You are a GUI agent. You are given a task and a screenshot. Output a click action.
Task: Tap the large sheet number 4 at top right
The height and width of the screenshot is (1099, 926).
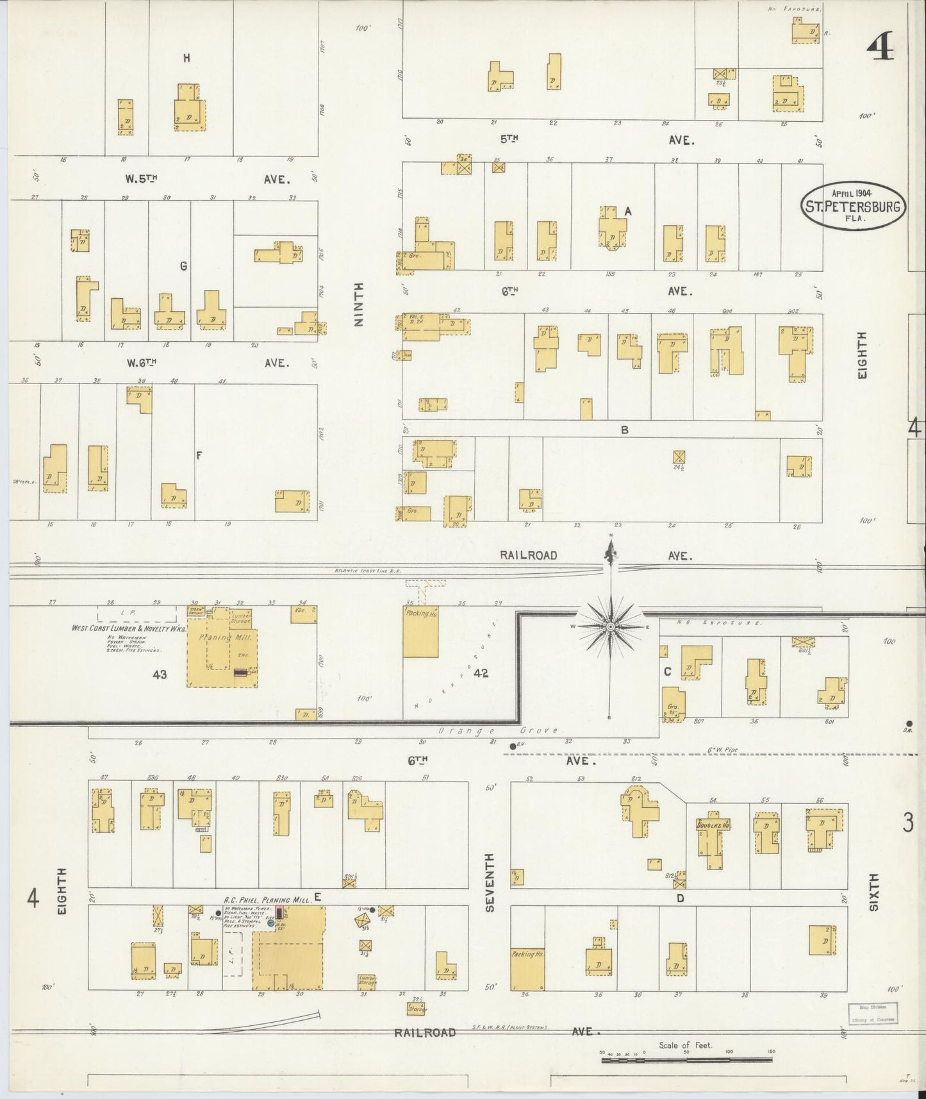[x=881, y=46]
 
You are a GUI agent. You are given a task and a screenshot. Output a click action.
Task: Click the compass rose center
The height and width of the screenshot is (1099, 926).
[x=611, y=626]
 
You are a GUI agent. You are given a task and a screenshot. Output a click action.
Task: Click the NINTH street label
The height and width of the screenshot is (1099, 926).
[x=359, y=305]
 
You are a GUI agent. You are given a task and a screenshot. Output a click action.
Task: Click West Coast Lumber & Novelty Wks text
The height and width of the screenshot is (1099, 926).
[x=128, y=629]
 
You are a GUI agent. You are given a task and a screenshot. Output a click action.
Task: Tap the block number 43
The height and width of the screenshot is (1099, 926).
[x=160, y=674]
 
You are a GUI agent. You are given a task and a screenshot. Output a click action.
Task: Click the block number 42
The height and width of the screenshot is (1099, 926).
[x=481, y=673]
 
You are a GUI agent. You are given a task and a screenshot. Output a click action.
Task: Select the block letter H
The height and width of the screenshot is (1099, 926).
[x=186, y=58]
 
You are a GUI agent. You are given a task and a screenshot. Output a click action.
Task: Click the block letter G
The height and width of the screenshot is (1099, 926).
[x=183, y=266]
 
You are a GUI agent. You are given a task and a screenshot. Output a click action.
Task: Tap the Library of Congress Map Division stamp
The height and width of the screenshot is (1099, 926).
[x=873, y=1014]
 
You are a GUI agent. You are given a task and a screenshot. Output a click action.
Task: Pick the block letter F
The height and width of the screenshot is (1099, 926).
[x=199, y=455]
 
